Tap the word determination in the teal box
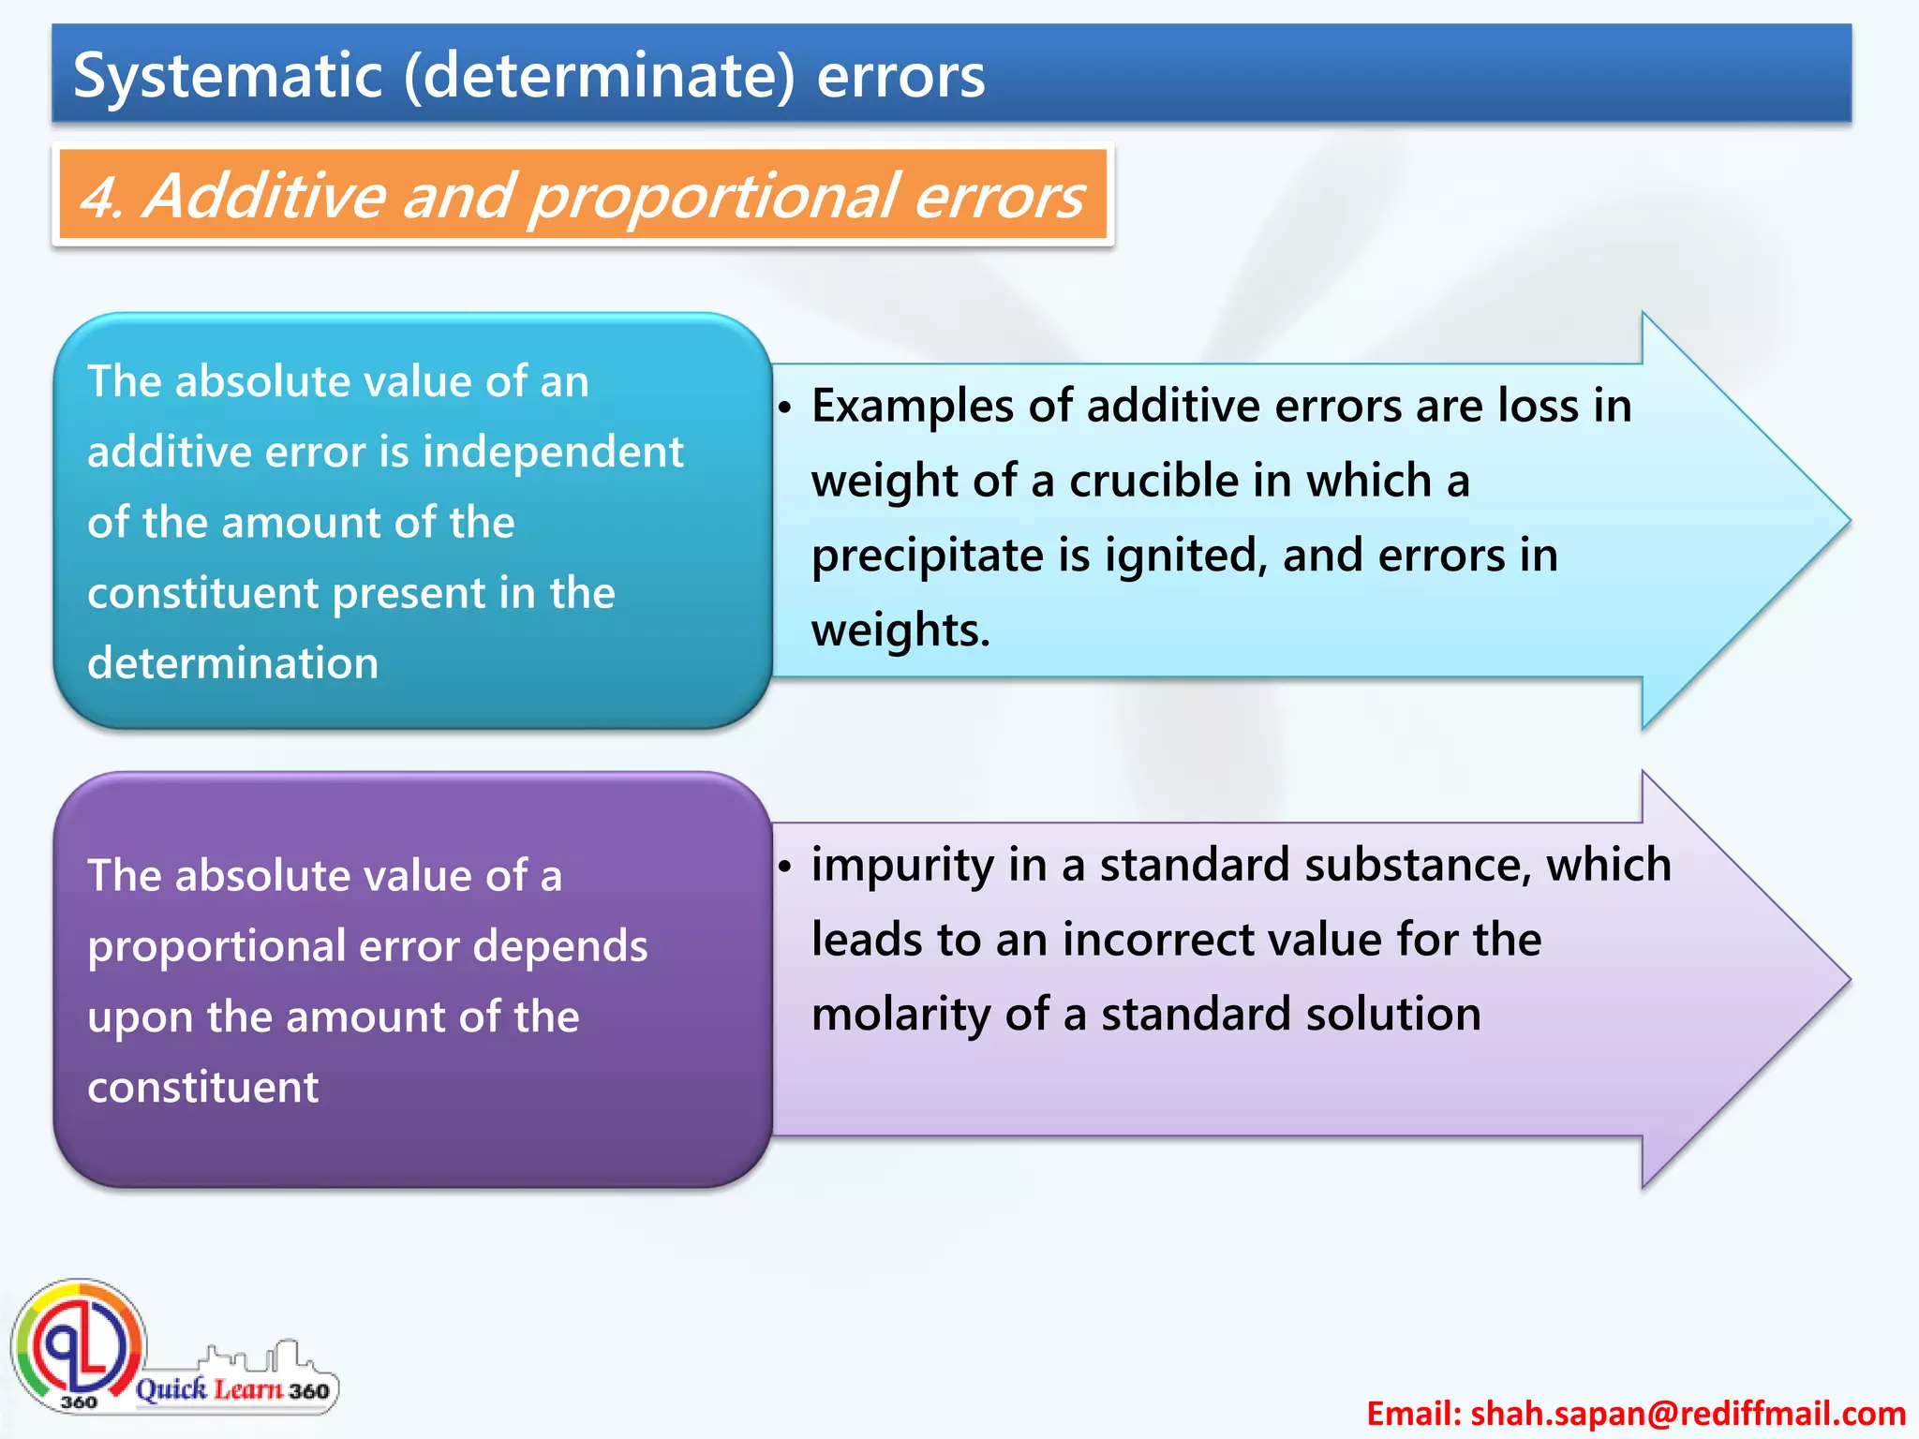click(x=233, y=663)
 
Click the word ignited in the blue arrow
click(x=1184, y=556)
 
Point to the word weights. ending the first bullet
click(x=900, y=630)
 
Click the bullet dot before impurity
click(x=785, y=867)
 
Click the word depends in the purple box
click(x=559, y=946)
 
